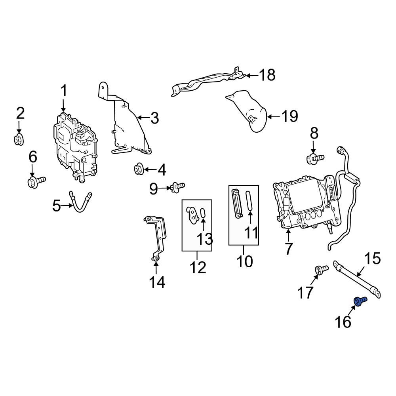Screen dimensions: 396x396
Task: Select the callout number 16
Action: click(343, 322)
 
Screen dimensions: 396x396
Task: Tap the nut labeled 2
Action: click(19, 139)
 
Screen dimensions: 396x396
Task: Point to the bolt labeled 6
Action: click(36, 181)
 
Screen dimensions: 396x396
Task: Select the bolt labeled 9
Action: click(178, 187)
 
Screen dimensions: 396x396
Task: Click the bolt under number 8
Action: click(315, 159)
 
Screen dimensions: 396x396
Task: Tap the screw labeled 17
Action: click(321, 269)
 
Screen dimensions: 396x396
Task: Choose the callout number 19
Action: click(290, 116)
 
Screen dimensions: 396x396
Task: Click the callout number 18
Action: click(267, 75)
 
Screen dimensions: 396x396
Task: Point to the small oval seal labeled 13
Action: click(203, 213)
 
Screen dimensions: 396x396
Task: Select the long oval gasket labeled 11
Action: click(249, 200)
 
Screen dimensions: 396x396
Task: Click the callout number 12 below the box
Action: click(198, 268)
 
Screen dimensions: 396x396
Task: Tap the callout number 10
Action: click(245, 261)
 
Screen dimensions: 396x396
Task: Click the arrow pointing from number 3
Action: click(143, 118)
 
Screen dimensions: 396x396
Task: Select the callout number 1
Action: click(64, 91)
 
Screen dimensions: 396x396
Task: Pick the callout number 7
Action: click(288, 249)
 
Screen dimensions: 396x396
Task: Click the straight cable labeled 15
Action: click(357, 279)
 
